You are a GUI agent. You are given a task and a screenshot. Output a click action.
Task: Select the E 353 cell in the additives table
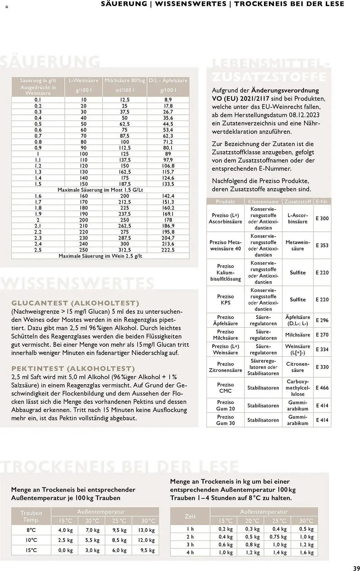coord(322,245)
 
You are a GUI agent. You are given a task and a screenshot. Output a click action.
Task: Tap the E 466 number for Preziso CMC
coord(322,388)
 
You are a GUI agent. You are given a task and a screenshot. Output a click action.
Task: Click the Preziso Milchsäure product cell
coord(225,335)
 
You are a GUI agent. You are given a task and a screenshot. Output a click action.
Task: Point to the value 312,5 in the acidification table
coord(125,250)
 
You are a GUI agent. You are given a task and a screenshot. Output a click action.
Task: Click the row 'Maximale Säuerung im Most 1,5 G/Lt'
coord(100,190)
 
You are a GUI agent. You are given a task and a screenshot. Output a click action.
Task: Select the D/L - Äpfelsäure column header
coord(168,81)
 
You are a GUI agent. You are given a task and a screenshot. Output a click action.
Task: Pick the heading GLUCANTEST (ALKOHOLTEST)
coord(75,303)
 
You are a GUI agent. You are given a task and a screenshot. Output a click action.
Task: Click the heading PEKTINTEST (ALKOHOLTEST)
coord(73,368)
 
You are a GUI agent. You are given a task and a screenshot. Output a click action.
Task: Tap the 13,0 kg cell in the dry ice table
coord(146,530)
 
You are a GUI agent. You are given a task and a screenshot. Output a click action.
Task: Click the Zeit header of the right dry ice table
coord(190,516)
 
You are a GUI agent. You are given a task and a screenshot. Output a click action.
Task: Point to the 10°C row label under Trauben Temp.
coord(31,540)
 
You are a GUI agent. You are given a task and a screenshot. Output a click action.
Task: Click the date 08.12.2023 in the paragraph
coord(302,115)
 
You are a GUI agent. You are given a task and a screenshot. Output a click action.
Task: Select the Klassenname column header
coord(263,202)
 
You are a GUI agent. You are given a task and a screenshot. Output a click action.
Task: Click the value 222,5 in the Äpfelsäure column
coord(168,250)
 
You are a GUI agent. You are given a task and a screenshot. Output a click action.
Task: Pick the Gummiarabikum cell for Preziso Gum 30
coord(297,420)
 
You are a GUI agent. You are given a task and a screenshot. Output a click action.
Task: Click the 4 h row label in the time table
coord(190,552)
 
